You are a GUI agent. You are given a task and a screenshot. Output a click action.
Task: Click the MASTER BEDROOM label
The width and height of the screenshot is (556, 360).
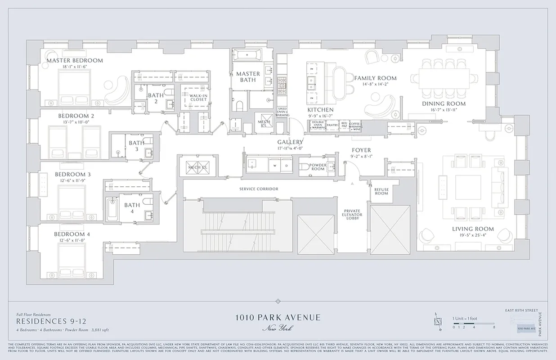click(75, 60)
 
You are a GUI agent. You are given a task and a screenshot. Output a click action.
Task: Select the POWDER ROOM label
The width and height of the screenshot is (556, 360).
click(318, 167)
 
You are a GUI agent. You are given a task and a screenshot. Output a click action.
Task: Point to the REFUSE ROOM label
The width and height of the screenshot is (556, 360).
click(381, 191)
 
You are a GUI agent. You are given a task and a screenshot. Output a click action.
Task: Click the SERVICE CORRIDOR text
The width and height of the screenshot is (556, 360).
click(259, 189)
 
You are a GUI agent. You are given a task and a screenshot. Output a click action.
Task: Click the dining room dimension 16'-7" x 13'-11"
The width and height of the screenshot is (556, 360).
click(444, 109)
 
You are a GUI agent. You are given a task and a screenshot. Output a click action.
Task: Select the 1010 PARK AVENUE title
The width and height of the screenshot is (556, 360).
click(278, 318)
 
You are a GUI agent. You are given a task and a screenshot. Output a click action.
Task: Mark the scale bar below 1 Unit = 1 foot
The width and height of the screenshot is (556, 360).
click(473, 324)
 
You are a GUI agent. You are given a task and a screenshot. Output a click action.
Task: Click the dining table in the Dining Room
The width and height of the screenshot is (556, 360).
click(444, 78)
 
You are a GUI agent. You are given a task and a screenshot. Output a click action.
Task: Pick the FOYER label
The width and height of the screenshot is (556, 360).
click(361, 151)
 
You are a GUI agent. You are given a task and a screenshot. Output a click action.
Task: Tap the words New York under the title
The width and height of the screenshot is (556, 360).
click(278, 328)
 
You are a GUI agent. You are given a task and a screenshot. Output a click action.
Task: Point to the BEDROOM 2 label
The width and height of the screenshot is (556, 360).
click(76, 116)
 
